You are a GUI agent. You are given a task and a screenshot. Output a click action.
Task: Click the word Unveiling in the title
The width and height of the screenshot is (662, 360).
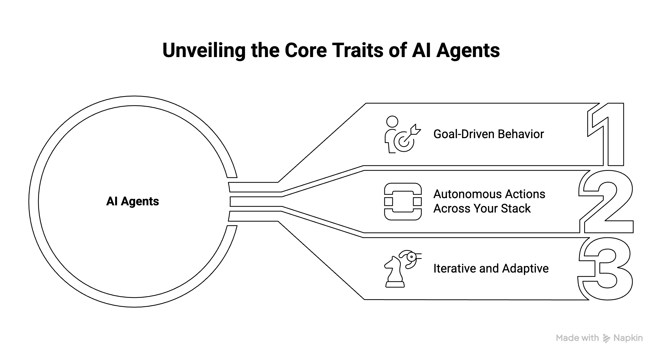pos(204,50)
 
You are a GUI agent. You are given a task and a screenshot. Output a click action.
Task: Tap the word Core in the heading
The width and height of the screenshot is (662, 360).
pos(306,50)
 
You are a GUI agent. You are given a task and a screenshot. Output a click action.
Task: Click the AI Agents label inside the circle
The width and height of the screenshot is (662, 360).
pos(132,201)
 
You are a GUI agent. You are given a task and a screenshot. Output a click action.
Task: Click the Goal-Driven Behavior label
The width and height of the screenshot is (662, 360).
pos(489,134)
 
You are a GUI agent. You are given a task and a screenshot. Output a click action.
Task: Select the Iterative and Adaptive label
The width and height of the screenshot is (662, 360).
pos(491,269)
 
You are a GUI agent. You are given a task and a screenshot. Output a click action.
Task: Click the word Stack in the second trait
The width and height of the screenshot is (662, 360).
pos(516,209)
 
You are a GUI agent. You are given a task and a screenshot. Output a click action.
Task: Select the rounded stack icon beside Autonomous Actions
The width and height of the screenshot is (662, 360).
pos(403,201)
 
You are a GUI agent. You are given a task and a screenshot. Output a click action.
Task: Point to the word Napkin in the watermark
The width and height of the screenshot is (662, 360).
pos(628,338)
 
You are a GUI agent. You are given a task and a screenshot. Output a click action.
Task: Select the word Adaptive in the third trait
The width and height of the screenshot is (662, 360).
pos(525,269)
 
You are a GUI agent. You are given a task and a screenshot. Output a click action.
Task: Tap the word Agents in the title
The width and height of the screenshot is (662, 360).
pos(468,50)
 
